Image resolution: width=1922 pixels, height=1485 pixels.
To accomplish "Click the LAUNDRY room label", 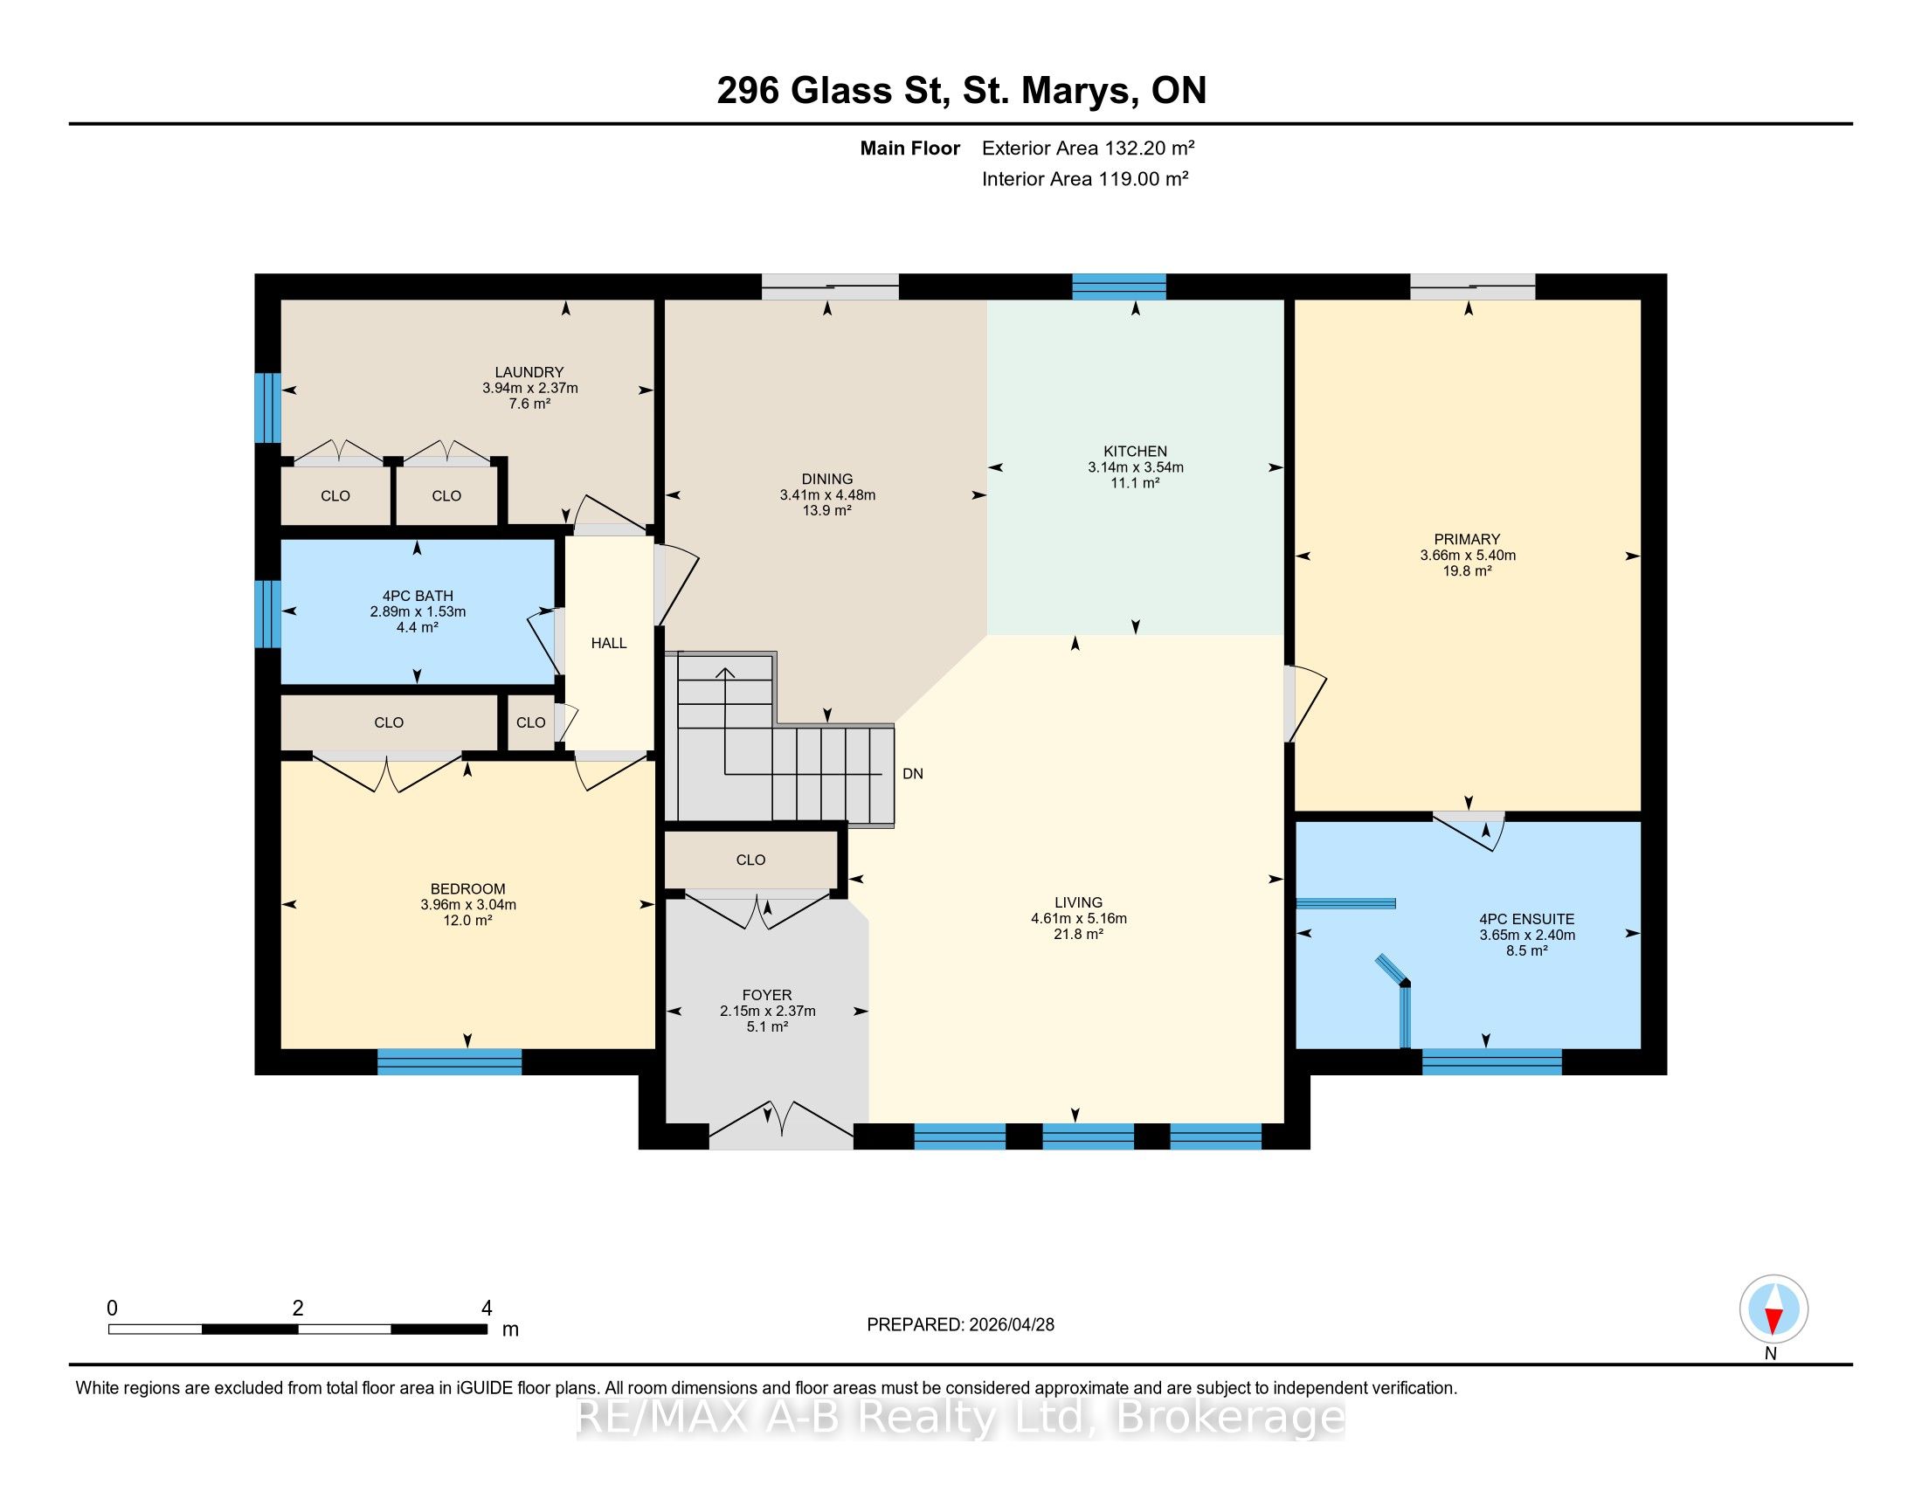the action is click(x=529, y=372).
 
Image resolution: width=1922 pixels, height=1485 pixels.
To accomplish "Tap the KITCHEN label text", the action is click(x=1135, y=452).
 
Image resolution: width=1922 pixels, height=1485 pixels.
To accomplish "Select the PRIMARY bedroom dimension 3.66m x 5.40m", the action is click(x=1468, y=555).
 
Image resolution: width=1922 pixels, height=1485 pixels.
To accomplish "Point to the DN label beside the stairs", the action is click(x=913, y=774).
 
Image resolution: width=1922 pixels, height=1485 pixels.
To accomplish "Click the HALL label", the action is click(x=609, y=643).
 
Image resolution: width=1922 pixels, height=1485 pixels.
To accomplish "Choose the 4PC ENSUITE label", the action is click(x=1527, y=919).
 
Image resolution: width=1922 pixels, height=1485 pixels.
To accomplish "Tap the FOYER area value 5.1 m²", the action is click(x=767, y=1026).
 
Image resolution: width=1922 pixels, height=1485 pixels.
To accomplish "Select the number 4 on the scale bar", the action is click(x=487, y=1309).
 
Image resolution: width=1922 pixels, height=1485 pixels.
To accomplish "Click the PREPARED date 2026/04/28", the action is click(x=1010, y=1325).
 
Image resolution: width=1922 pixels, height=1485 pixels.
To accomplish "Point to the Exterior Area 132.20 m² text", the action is click(x=1089, y=148).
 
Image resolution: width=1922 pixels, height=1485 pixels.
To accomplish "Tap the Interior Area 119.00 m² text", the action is click(x=1085, y=178).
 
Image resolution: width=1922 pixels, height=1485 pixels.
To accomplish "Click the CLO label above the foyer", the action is click(x=750, y=860).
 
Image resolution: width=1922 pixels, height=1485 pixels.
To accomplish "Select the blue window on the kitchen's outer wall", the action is click(x=1118, y=287).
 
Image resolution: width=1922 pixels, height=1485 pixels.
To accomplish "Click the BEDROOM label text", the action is click(x=468, y=888).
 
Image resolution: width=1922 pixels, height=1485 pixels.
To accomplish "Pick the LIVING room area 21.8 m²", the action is click(x=1079, y=935).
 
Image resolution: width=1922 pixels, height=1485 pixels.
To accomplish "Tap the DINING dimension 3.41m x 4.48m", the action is click(x=827, y=495).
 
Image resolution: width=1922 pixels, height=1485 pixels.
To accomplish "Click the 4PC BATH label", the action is click(x=418, y=596).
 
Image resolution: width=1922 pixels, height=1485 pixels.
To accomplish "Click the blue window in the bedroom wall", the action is click(x=450, y=1062).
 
